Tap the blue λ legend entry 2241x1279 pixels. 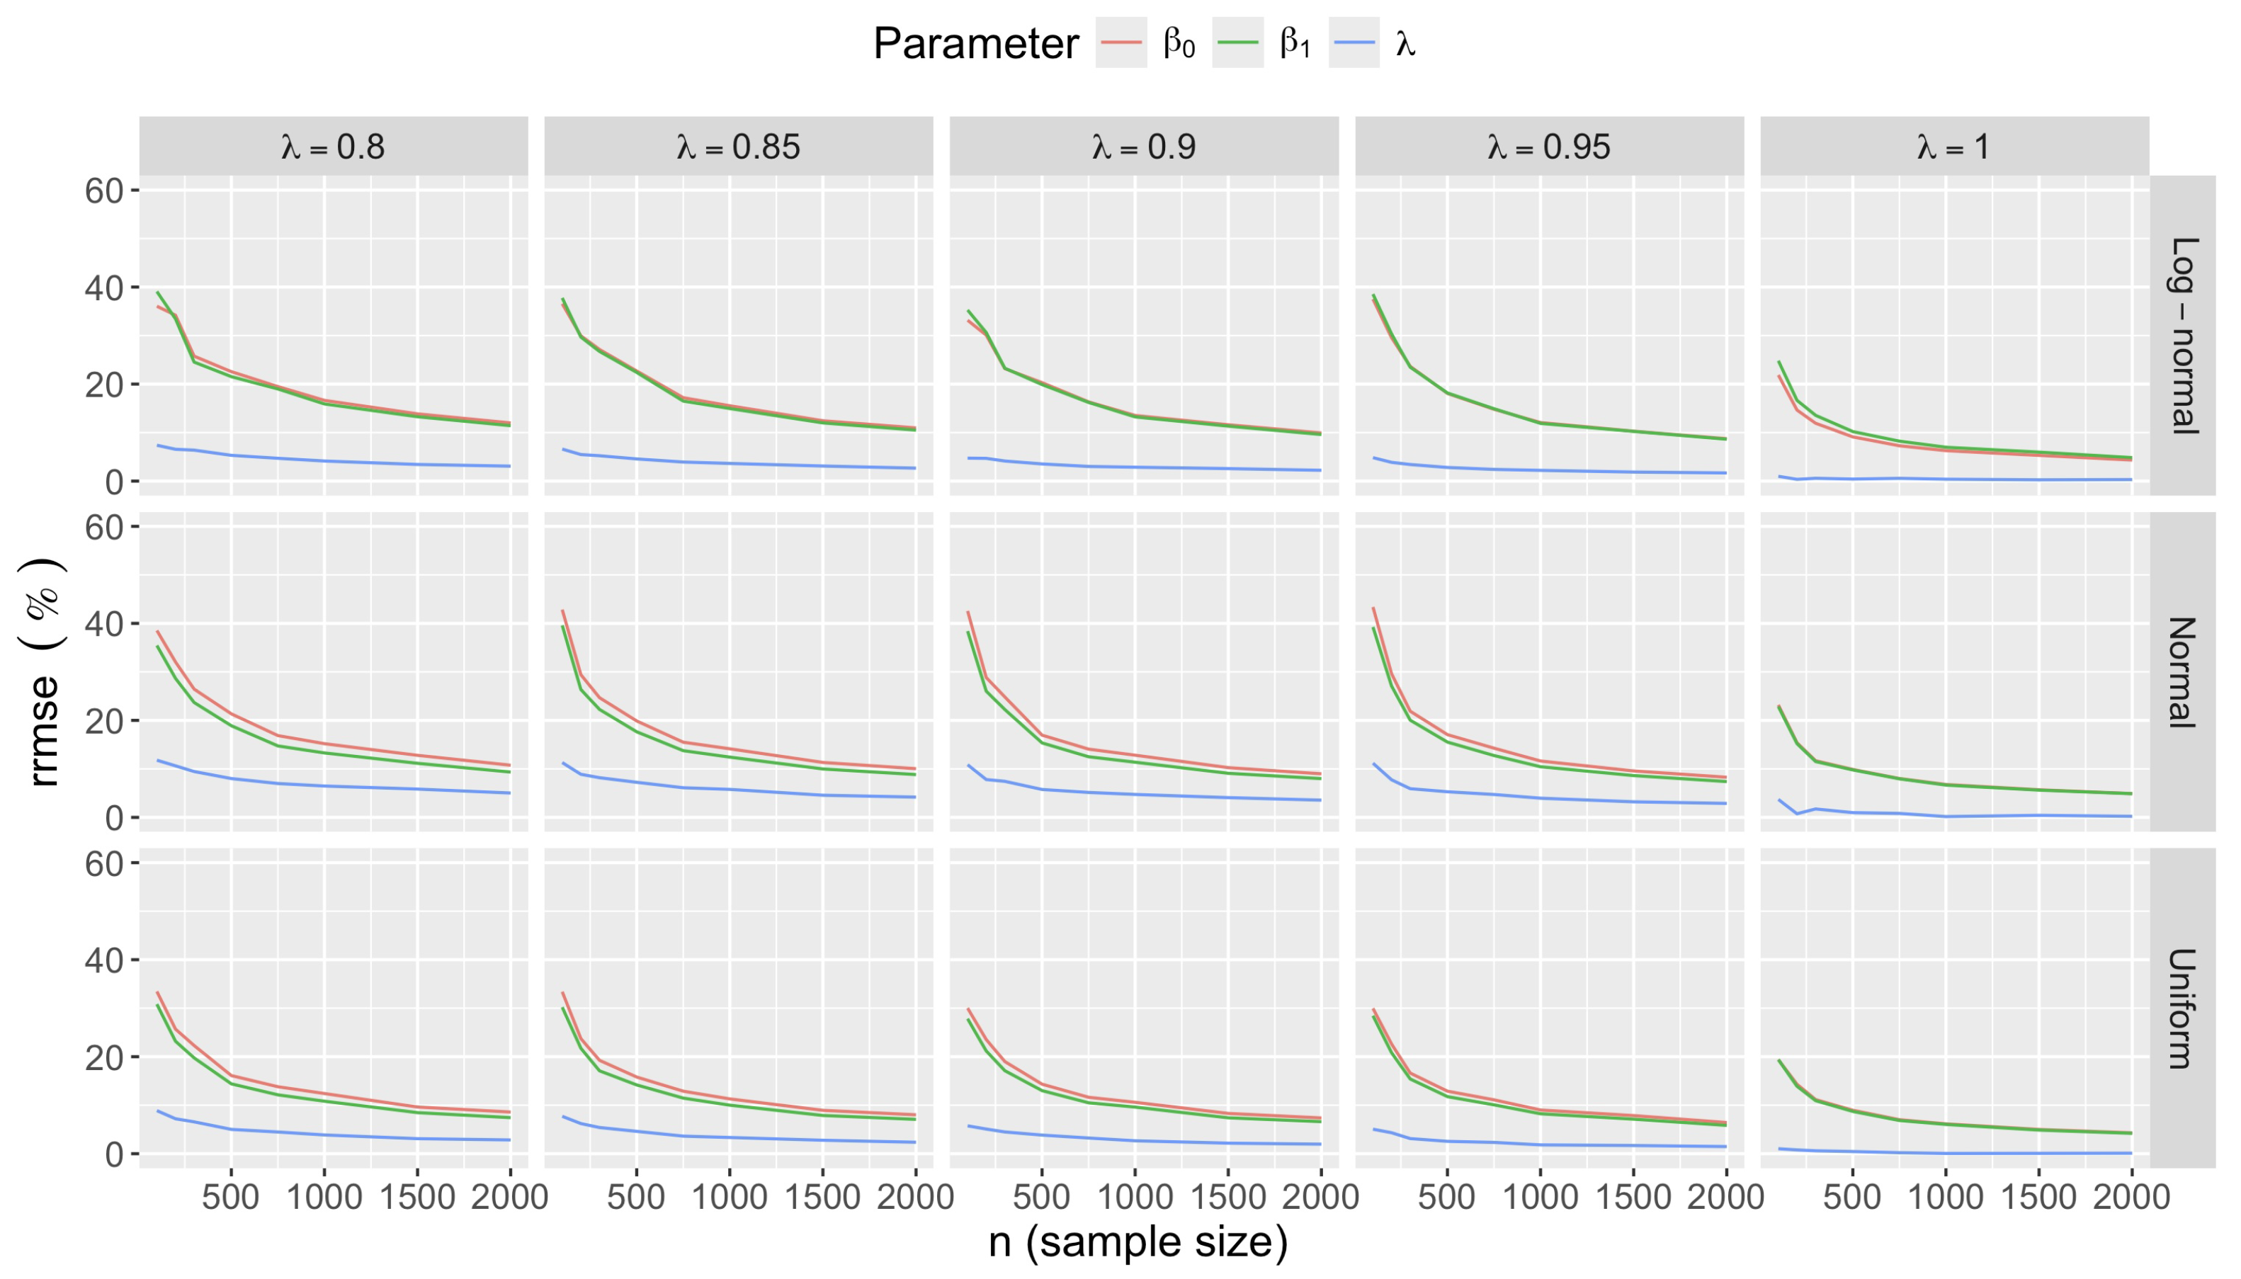(1354, 42)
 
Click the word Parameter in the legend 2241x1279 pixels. (975, 43)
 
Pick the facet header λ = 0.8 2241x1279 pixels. (333, 146)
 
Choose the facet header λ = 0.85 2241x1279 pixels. (738, 146)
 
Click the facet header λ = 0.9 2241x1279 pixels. (1144, 146)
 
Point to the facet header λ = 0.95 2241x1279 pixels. (1549, 146)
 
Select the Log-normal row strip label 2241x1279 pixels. (2183, 335)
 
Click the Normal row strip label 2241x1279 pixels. (2183, 672)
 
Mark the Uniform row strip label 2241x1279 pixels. (2183, 1008)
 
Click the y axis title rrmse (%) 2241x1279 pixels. (42, 672)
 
